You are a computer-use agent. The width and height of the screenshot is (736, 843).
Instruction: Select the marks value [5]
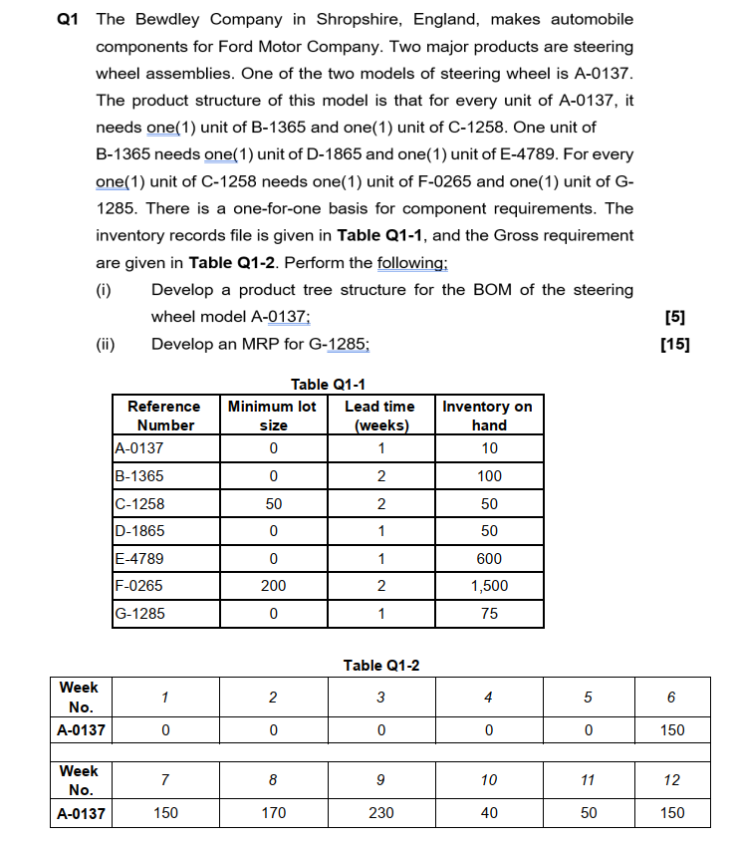pyautogui.click(x=674, y=317)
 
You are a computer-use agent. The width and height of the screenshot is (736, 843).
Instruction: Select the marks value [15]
pyautogui.click(x=674, y=344)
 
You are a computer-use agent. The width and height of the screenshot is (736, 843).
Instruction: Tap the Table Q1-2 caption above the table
pyautogui.click(x=380, y=665)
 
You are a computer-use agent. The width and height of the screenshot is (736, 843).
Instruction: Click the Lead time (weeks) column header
pyautogui.click(x=379, y=416)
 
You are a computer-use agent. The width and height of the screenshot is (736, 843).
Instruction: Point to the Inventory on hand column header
pyautogui.click(x=488, y=416)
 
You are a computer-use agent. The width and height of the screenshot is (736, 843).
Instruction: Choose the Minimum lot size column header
pyautogui.click(x=273, y=416)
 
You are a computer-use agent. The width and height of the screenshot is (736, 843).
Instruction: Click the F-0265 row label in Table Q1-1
pyautogui.click(x=140, y=586)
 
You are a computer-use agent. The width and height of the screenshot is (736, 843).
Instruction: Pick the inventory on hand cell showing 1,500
pyautogui.click(x=488, y=586)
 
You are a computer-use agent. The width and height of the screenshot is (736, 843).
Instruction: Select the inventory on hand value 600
pyautogui.click(x=489, y=558)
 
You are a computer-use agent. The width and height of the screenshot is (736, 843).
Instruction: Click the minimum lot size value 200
pyautogui.click(x=273, y=586)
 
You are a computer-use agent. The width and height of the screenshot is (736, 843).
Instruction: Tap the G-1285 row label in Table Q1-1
pyautogui.click(x=140, y=613)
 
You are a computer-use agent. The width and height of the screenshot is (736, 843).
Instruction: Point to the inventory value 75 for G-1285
pyautogui.click(x=489, y=613)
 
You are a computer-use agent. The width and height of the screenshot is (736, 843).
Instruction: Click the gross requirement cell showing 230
pyautogui.click(x=380, y=813)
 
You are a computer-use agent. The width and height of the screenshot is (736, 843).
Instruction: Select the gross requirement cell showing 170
pyautogui.click(x=273, y=813)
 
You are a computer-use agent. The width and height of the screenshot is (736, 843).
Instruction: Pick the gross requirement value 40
pyautogui.click(x=488, y=813)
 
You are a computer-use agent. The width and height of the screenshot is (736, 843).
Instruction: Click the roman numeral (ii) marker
pyautogui.click(x=106, y=345)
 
